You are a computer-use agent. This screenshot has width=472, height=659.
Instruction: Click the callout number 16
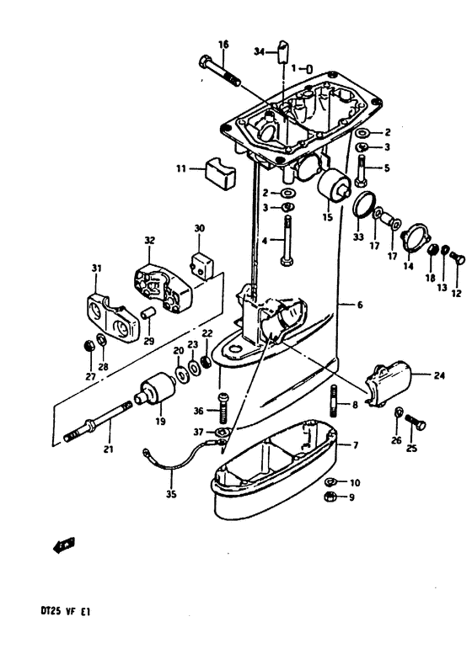[223, 45]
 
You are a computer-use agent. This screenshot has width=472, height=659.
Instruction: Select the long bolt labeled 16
[219, 71]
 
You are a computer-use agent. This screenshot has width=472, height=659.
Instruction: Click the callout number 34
[260, 52]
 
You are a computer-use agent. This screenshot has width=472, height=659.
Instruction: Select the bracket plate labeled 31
[112, 319]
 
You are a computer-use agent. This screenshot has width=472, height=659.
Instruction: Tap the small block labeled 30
[201, 266]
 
